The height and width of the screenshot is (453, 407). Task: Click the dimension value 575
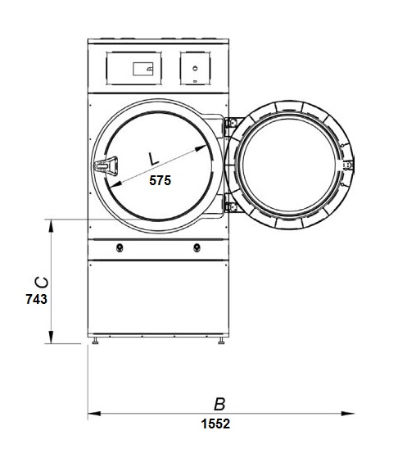click(x=160, y=180)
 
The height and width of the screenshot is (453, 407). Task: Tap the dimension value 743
click(x=36, y=299)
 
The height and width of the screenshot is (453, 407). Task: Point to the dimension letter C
click(x=42, y=283)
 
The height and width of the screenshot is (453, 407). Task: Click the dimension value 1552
click(x=215, y=424)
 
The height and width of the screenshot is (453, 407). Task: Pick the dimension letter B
click(x=219, y=404)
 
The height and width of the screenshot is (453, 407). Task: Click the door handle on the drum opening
click(x=106, y=166)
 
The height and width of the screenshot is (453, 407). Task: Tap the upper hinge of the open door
click(x=231, y=123)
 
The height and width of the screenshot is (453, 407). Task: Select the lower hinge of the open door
click(x=231, y=206)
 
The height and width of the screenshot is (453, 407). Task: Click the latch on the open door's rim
click(x=348, y=165)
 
